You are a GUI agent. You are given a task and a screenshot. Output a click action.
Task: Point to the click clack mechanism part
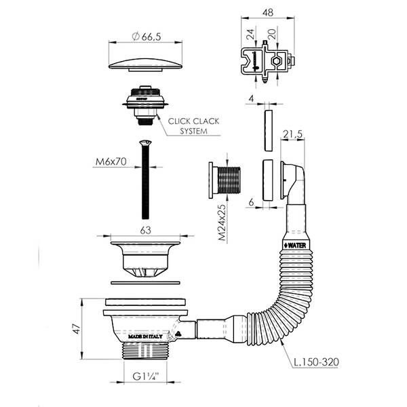(x=143, y=104)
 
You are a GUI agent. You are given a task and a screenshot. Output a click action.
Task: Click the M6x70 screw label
(x=110, y=162)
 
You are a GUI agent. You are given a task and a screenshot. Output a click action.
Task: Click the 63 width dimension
(x=145, y=229)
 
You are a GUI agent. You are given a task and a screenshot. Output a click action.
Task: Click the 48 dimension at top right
(x=268, y=13)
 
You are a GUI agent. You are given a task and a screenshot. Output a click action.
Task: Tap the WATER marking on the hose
(x=294, y=242)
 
